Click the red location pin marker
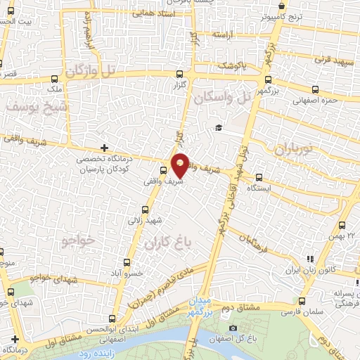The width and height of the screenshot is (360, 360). coord(180,166)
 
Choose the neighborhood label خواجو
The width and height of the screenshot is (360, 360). coord(78,240)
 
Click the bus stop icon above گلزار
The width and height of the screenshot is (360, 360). coord(180,74)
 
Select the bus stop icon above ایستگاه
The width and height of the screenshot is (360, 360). coord(259,177)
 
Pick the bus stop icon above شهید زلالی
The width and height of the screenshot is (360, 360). coord(145,209)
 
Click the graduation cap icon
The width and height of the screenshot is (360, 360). coord(219,127)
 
